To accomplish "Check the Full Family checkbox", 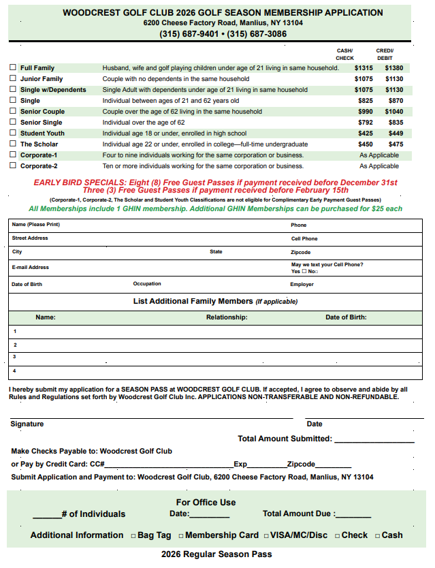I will click(x=13, y=68).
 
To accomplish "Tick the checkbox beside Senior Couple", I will click(x=13, y=112).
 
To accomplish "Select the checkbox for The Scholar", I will click(x=13, y=144).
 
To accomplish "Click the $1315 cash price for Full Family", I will click(x=364, y=68).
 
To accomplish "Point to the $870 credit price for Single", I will click(x=396, y=101).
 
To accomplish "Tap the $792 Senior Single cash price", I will click(x=365, y=123).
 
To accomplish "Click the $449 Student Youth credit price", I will click(x=396, y=133).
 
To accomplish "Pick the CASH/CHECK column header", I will click(x=345, y=54).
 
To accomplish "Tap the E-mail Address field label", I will click(x=31, y=268).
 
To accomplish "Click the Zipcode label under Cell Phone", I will click(x=300, y=252).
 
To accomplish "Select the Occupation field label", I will click(x=147, y=284).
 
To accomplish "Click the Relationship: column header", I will click(x=227, y=317).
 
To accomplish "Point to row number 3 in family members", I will click(x=15, y=356).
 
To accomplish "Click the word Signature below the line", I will click(x=27, y=424).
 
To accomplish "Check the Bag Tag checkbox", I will click(x=133, y=536).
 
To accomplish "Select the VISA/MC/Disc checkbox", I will click(x=266, y=536).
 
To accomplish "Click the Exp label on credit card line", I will click(x=241, y=464).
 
